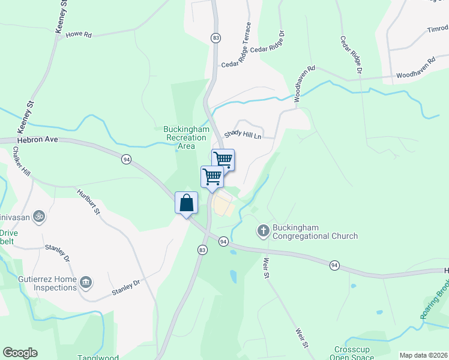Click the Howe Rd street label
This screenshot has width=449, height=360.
(78, 35)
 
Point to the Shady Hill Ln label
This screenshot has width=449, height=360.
(243, 136)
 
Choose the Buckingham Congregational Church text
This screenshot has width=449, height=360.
(315, 232)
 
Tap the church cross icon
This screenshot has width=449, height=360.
(263, 230)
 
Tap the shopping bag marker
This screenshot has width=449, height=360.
(187, 203)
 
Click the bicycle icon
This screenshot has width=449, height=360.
(39, 215)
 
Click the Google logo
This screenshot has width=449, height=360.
(20, 353)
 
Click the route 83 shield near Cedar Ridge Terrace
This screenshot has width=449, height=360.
(215, 38)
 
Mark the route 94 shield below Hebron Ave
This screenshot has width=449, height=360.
(126, 159)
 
